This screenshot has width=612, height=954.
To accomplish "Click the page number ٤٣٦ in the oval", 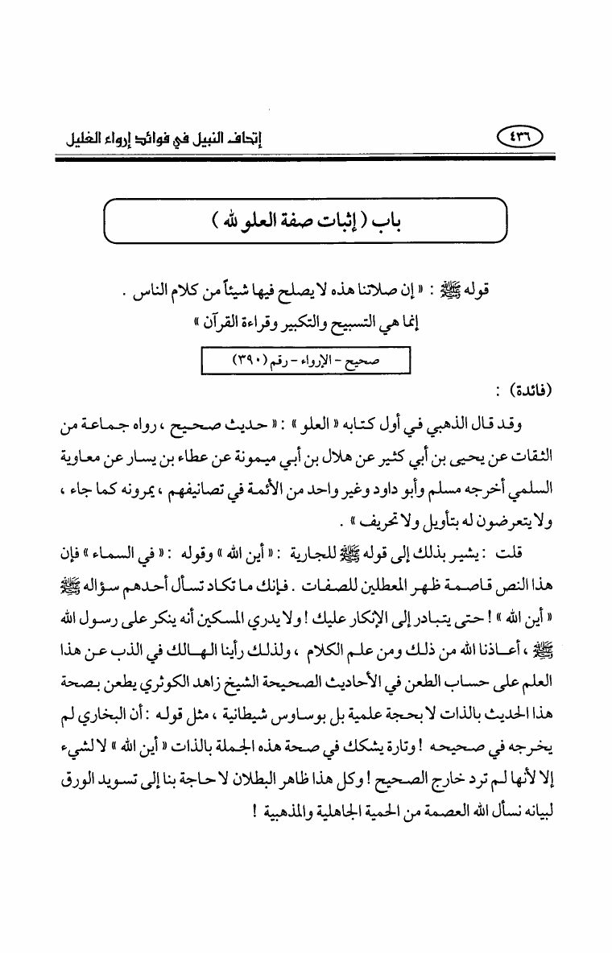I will click(521, 139).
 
